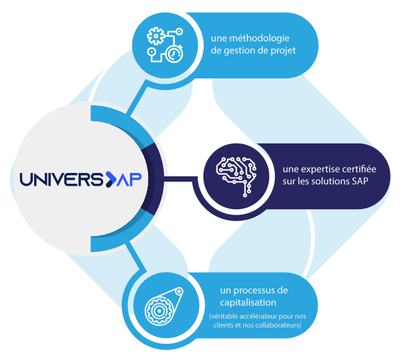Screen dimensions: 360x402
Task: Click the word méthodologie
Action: pyautogui.click(x=265, y=38)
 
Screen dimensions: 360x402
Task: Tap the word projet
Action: pyautogui.click(x=282, y=50)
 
